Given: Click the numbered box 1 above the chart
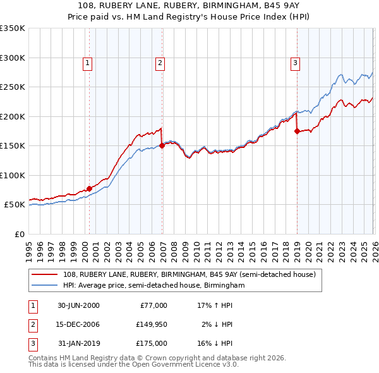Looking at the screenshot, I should point(87,63).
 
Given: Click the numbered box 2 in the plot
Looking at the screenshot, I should point(160,63).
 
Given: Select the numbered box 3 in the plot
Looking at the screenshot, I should point(295,63).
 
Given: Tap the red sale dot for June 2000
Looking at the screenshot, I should point(90,188).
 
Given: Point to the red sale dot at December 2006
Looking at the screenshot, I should point(162,145).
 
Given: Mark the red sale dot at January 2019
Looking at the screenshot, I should point(297,131).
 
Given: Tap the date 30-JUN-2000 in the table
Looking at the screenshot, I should point(78,305).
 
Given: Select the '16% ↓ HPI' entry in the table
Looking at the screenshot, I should point(215,343).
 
